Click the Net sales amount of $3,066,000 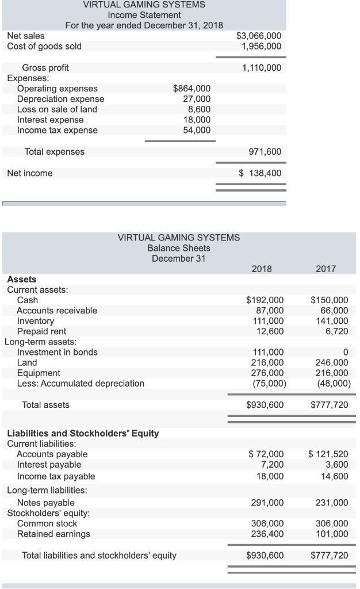(x=259, y=36)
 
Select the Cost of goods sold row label (x=44, y=46)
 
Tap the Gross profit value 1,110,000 (x=262, y=68)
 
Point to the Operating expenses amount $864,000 (x=192, y=89)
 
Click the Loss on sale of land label (x=57, y=109)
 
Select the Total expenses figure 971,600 (x=265, y=152)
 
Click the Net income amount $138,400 (x=260, y=173)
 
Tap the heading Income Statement (x=144, y=15)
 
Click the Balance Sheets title (x=178, y=248)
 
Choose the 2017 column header (x=326, y=269)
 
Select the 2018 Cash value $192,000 (x=265, y=300)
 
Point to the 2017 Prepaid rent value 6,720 (x=336, y=331)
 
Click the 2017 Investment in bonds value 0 (x=345, y=352)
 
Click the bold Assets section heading (x=21, y=279)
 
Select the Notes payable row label (x=45, y=503)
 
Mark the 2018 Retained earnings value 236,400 (x=267, y=534)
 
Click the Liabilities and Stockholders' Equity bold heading (x=83, y=433)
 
